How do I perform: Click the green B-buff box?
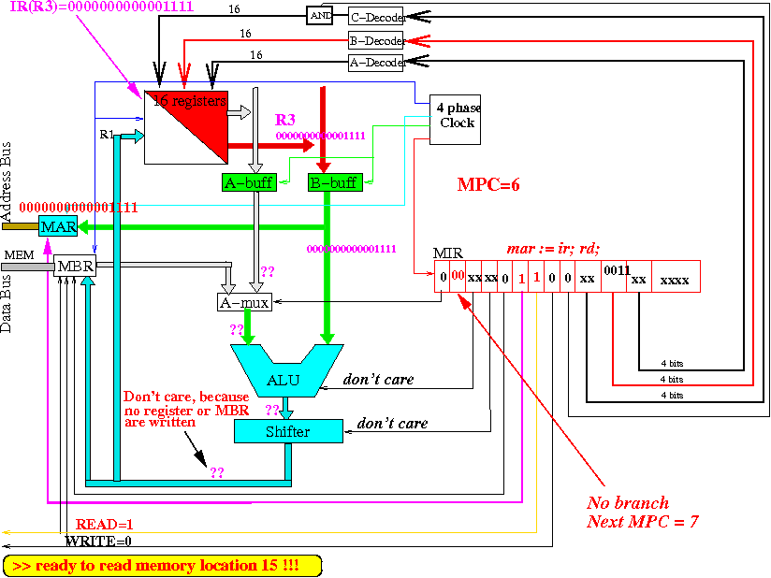click(x=334, y=182)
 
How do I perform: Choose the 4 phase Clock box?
click(x=455, y=118)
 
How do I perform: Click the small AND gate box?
click(x=320, y=16)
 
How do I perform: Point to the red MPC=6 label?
click(x=487, y=184)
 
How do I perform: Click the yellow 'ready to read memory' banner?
click(x=162, y=566)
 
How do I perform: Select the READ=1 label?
click(x=104, y=525)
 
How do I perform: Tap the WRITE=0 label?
click(x=98, y=541)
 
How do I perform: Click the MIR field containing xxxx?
click(x=675, y=279)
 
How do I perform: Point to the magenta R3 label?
click(x=285, y=120)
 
